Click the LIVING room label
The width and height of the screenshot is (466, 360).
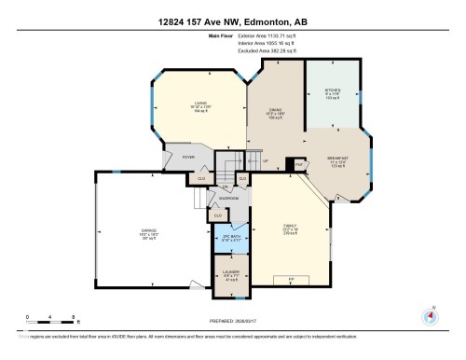pyautogui.click(x=199, y=103)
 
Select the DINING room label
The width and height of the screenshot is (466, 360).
pyautogui.click(x=275, y=110)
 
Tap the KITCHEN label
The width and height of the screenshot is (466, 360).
pyautogui.click(x=333, y=91)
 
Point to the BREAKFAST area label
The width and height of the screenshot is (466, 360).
pyautogui.click(x=339, y=158)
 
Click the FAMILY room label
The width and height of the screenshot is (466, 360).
pyautogui.click(x=292, y=226)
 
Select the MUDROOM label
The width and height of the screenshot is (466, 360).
pyautogui.click(x=229, y=199)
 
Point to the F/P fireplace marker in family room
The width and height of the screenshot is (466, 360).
pyautogui.click(x=292, y=277)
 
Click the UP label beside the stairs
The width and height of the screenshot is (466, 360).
pyautogui.click(x=267, y=160)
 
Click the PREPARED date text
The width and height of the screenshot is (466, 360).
pyautogui.click(x=233, y=324)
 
